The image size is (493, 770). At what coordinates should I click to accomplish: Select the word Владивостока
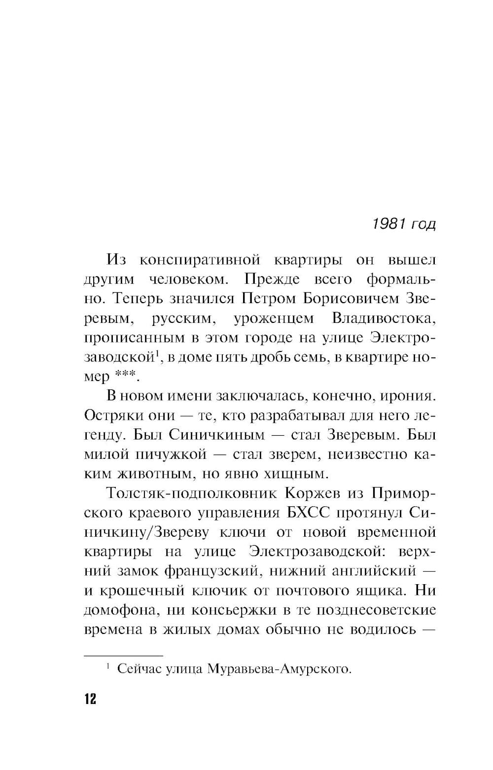tap(384, 318)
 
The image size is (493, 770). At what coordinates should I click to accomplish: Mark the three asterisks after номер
tap(126, 377)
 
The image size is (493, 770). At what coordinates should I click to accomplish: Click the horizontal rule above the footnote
tap(123, 656)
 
